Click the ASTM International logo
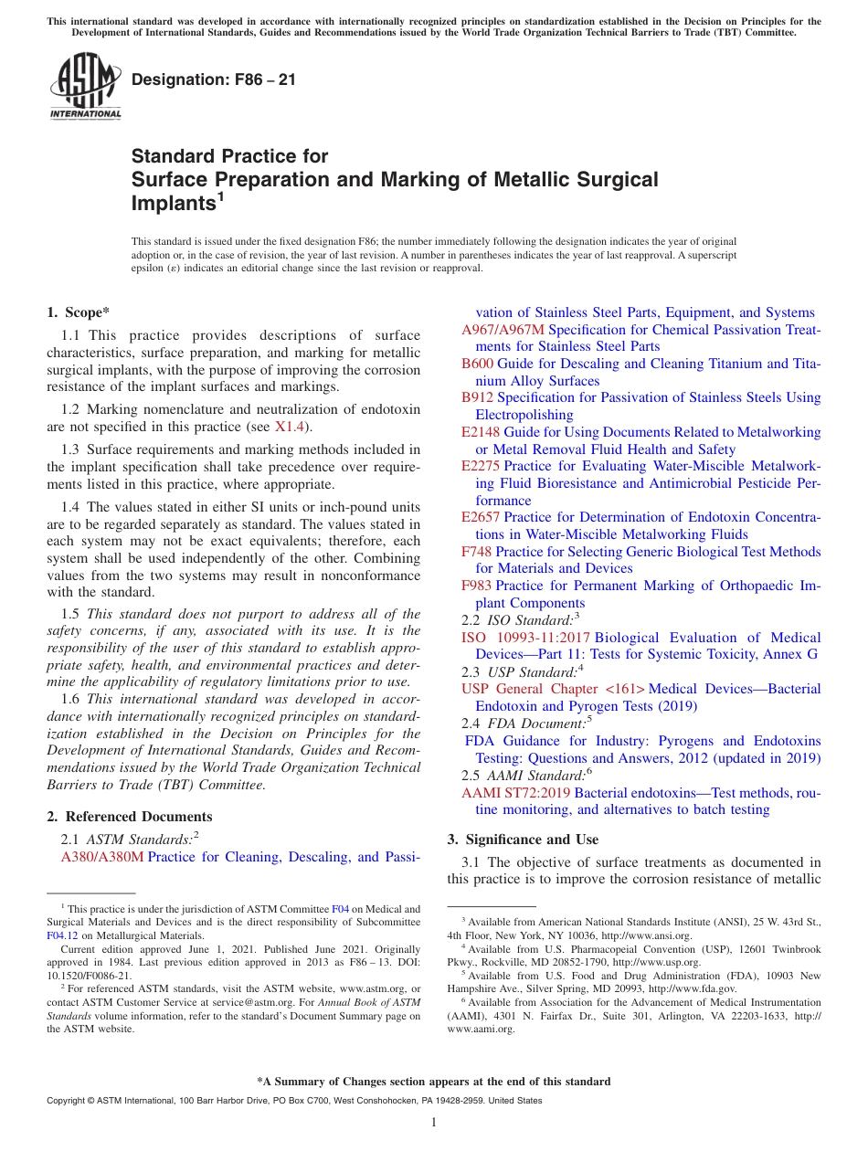click(85, 86)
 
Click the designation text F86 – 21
click(214, 79)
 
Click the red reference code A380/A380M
click(102, 857)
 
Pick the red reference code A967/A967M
click(503, 330)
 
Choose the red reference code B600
click(478, 364)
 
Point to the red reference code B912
click(478, 397)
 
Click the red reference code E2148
click(481, 432)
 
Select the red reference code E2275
click(481, 466)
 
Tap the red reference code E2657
click(481, 517)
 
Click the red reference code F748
click(477, 552)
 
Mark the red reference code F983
click(477, 586)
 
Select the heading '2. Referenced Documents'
click(129, 817)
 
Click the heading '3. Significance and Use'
click(523, 840)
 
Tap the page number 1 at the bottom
click(434, 1123)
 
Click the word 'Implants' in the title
click(173, 204)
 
